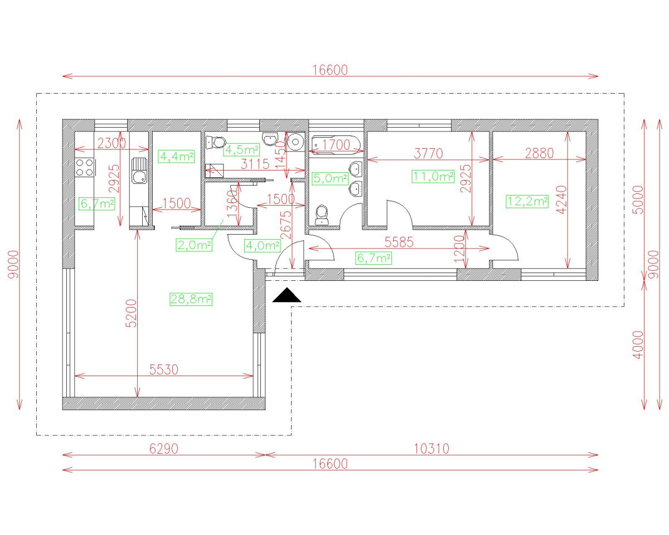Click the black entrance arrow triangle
pyautogui.click(x=287, y=296)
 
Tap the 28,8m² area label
pyautogui.click(x=191, y=299)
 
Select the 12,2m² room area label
pyautogui.click(x=527, y=201)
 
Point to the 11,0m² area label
pyautogui.click(x=433, y=177)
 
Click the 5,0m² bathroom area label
pyautogui.click(x=330, y=179)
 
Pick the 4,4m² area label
pyautogui.click(x=176, y=157)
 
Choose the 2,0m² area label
pyautogui.click(x=195, y=245)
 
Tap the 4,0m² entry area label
pyautogui.click(x=262, y=245)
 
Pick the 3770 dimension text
pyautogui.click(x=428, y=153)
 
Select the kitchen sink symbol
pyautogui.click(x=139, y=171)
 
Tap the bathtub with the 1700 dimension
pyautogui.click(x=336, y=144)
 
